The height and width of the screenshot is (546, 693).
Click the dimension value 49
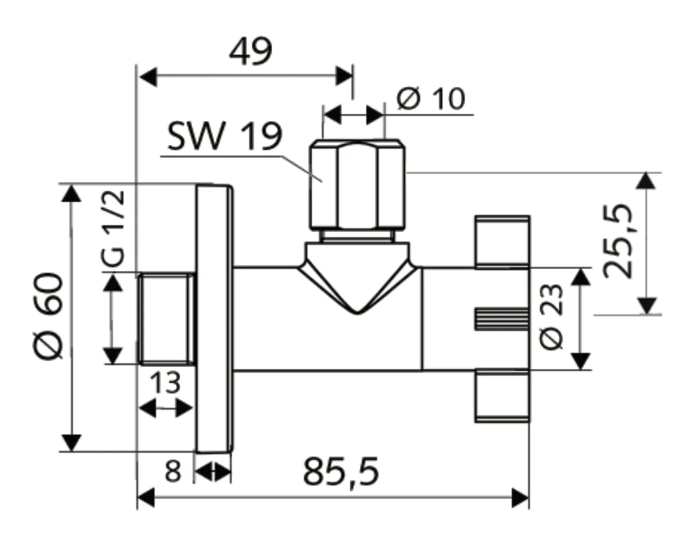251,52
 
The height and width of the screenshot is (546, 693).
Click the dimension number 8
172,472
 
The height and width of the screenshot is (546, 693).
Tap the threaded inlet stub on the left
166,318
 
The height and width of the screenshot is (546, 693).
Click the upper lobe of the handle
502,241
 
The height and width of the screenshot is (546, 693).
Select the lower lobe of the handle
502,396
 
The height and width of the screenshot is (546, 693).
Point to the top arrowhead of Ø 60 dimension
72,194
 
